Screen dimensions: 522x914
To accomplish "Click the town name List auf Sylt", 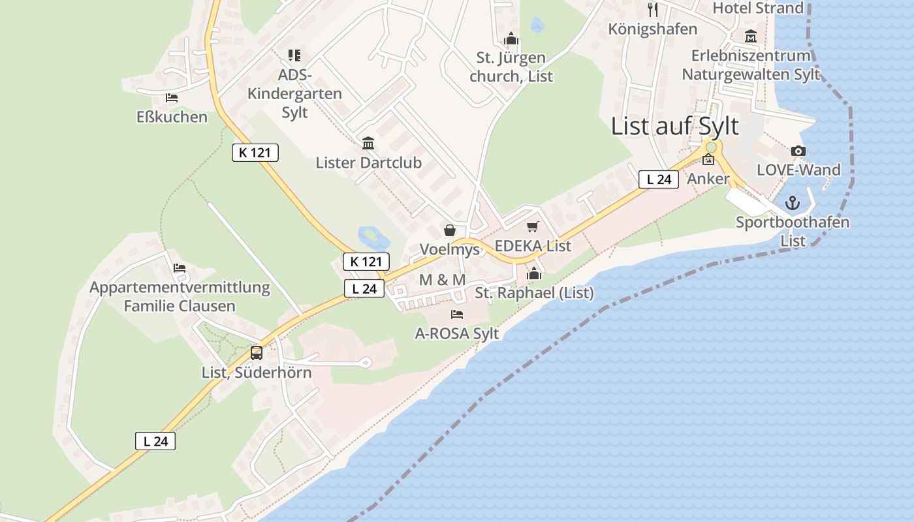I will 674,126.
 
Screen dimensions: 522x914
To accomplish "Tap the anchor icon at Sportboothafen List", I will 793,203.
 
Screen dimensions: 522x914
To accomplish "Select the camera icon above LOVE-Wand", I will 798,151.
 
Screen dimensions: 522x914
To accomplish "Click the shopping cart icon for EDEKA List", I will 533,227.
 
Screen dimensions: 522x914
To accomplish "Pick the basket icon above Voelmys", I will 450,230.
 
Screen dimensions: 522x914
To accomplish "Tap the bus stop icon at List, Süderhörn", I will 257,353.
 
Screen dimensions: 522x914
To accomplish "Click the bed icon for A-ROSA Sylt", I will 457,315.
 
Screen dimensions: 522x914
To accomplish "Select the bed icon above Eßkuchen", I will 172,98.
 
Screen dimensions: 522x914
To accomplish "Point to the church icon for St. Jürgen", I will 511,39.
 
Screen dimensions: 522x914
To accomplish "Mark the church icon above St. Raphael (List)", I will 534,273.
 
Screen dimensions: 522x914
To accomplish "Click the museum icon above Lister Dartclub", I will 368,143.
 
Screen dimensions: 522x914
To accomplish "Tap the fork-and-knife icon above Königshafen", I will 653,9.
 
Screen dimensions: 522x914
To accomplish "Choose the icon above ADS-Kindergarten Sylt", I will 294,55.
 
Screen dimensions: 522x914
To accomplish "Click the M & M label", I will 442,280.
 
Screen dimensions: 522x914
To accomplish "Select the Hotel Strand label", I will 758,8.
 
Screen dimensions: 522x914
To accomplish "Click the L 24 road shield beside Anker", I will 658,179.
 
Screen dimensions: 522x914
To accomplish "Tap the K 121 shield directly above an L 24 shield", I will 366,262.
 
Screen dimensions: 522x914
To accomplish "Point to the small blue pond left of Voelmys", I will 370,235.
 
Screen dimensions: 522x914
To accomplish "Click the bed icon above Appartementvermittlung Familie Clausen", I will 180,268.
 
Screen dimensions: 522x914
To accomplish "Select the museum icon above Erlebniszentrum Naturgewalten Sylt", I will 750,37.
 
